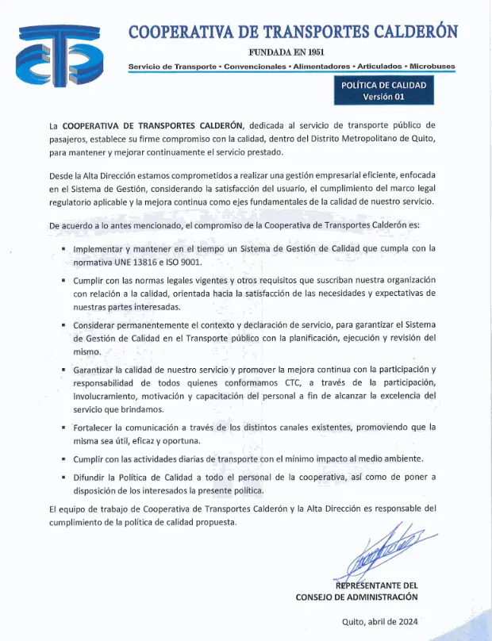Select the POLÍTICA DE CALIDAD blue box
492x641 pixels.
coord(383,90)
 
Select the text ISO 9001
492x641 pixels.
coord(185,262)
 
